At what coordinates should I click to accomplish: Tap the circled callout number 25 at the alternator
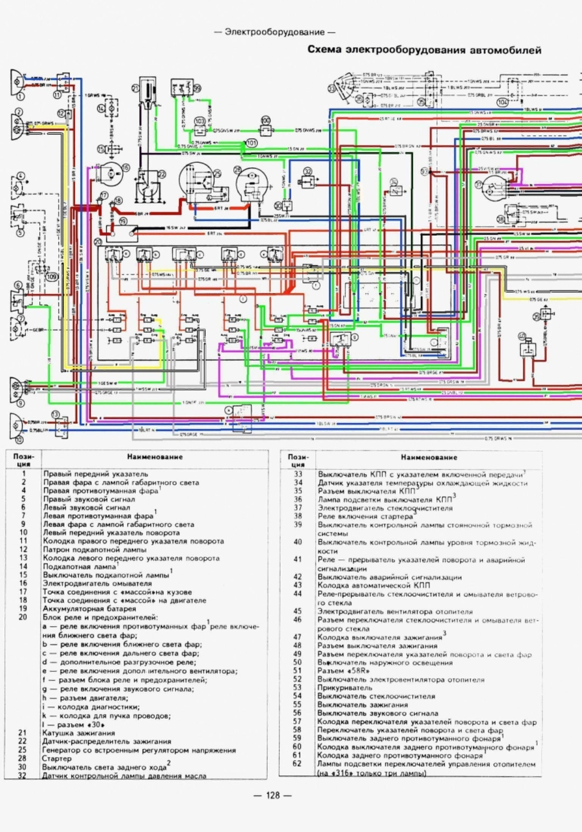tap(218, 173)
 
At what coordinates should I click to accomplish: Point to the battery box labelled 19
tap(122, 232)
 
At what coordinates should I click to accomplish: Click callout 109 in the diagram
tap(52, 277)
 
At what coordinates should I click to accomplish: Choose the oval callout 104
tap(502, 102)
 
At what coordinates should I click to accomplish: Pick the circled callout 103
tap(200, 122)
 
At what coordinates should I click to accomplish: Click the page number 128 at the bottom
tap(273, 795)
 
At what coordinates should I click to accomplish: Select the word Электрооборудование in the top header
tap(274, 32)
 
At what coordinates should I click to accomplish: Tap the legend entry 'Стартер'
tap(57, 758)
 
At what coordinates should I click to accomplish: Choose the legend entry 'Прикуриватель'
tap(344, 687)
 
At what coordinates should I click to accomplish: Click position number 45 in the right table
tap(297, 611)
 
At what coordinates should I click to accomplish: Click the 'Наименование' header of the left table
tap(155, 457)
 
